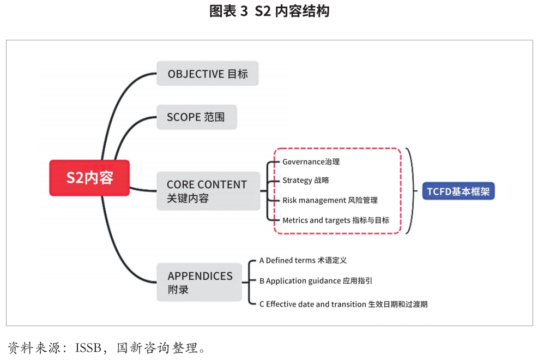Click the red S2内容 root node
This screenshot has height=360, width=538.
coord(89,178)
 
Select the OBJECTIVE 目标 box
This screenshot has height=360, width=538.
coord(208,74)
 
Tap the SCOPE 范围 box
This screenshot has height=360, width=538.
coord(197,117)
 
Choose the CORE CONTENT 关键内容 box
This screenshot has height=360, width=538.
coord(208,191)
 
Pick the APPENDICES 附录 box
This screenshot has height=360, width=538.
coord(200,282)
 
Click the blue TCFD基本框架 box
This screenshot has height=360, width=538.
coord(458,191)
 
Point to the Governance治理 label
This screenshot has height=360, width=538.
coord(311,161)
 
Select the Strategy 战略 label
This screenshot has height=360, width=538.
coord(305,180)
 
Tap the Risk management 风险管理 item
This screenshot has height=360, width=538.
coord(330,200)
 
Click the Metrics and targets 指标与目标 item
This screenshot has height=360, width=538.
coord(336,220)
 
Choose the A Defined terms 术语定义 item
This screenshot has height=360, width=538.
coord(303,261)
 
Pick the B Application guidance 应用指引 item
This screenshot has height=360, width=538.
coord(316,281)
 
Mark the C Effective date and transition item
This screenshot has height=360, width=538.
coord(343,304)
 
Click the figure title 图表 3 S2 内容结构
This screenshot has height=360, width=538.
coord(269,11)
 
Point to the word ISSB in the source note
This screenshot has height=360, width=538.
coord(88,348)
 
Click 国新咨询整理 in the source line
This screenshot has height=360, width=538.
coord(158,348)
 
